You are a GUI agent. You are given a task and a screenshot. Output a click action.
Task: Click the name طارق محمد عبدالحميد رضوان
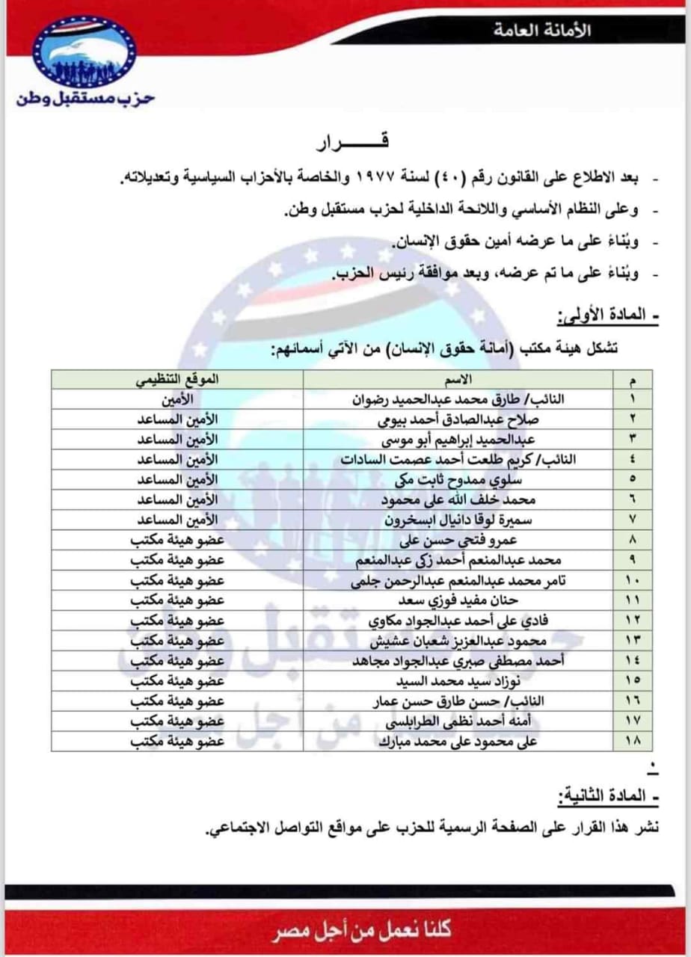458,399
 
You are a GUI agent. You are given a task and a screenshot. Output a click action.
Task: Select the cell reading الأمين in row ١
177,399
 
